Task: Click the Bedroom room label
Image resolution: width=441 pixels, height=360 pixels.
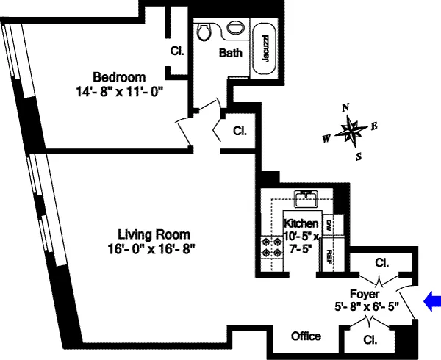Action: tap(118, 77)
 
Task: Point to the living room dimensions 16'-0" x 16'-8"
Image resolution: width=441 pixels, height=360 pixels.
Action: tap(151, 249)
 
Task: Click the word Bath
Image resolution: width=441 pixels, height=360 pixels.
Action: tap(230, 53)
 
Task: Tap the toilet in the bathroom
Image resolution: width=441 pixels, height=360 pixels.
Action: tap(204, 31)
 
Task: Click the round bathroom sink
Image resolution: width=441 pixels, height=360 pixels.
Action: tap(235, 28)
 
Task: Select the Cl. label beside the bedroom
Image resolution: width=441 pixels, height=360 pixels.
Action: tap(176, 51)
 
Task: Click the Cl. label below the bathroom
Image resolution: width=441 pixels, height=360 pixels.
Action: tap(240, 132)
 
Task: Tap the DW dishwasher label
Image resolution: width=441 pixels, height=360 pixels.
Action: tap(329, 227)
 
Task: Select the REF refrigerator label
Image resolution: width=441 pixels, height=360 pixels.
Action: tap(329, 255)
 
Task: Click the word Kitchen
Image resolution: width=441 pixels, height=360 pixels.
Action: tap(301, 223)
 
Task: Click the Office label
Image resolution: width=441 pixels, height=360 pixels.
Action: tap(306, 336)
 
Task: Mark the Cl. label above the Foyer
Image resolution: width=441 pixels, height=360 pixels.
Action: tap(381, 262)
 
